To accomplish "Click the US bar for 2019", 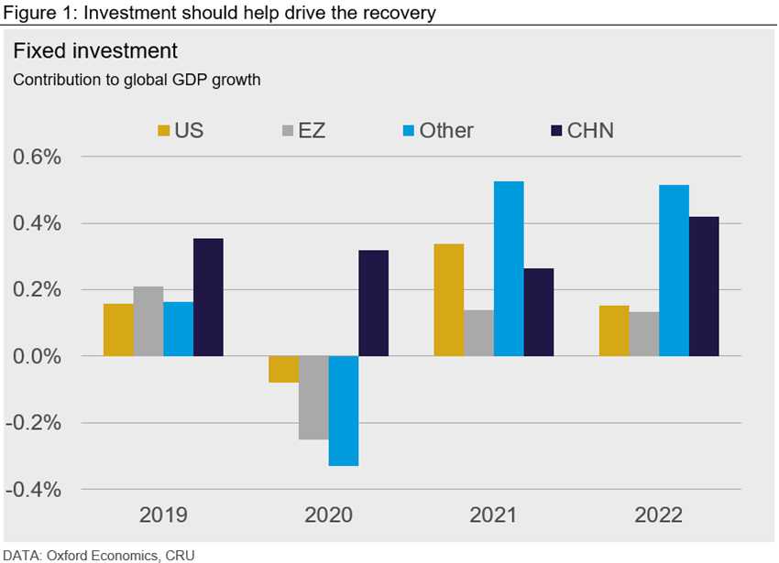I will click(118, 330).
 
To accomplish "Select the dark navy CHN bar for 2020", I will click(373, 303).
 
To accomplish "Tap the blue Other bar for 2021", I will click(509, 268).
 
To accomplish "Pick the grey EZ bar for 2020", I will click(313, 397).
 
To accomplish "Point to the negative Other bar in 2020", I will click(344, 411).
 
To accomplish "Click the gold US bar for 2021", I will click(449, 299).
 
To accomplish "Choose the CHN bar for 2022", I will click(704, 286).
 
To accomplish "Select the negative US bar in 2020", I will click(283, 369).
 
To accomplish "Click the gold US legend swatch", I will click(164, 131).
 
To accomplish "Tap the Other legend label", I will click(446, 130).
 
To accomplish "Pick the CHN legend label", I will click(590, 130).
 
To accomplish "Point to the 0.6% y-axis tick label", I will click(38, 157).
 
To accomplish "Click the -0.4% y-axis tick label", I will click(35, 490).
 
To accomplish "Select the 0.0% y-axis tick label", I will click(38, 357).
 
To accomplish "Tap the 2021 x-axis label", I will click(493, 515).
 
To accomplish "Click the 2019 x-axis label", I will click(163, 515).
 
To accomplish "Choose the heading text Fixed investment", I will click(95, 49).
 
